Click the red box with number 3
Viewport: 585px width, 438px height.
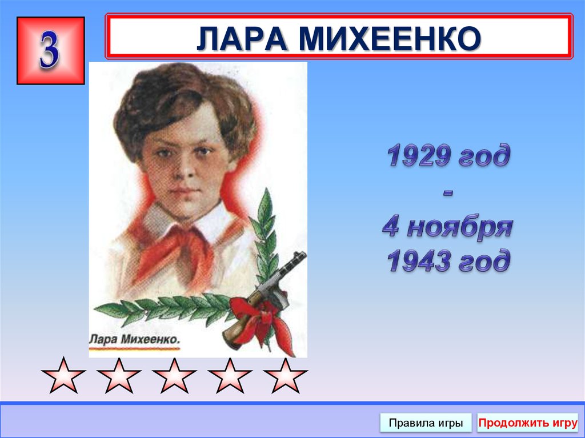50,50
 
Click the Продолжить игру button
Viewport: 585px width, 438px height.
527,423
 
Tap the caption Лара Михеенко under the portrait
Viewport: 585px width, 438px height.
135,340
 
